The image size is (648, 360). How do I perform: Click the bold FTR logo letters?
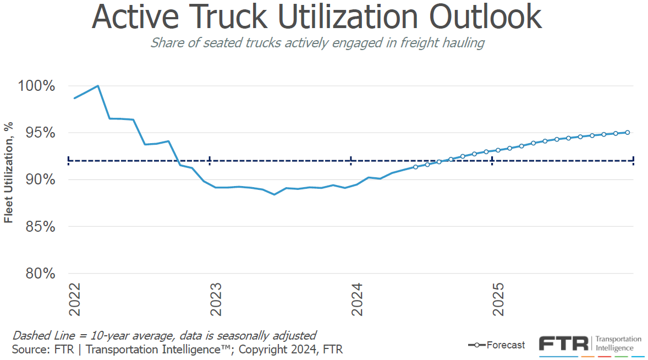[563, 343]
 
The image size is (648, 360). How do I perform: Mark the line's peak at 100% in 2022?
[97, 86]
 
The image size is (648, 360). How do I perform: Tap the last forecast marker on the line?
[628, 132]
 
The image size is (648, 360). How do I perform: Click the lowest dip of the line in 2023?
[274, 194]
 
